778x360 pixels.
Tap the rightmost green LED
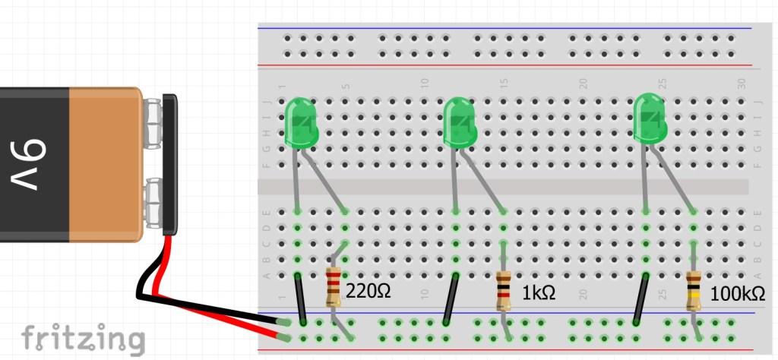pos(650,118)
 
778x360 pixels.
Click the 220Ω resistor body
pos(334,287)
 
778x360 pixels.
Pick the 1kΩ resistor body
pos(502,291)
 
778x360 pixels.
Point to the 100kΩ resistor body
pos(693,291)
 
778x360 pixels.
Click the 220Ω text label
pos(368,290)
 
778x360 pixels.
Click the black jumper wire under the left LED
pos(301,298)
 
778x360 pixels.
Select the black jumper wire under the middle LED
pos(451,299)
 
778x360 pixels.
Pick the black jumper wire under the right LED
pos(641,299)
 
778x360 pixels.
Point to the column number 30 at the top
pos(742,82)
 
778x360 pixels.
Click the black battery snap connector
pos(170,163)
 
